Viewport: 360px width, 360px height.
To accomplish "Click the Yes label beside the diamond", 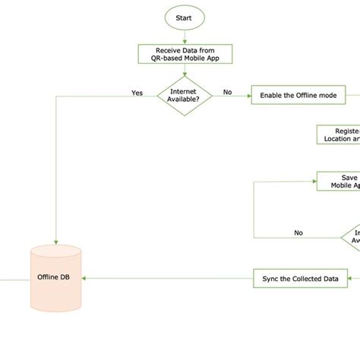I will (x=137, y=93).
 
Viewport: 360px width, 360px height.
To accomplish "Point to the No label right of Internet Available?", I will (x=227, y=93).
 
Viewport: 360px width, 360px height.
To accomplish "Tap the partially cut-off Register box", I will (x=338, y=134).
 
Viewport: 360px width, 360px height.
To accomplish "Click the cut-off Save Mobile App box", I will (x=339, y=181).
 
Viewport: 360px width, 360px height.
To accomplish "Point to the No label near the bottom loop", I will (x=298, y=232).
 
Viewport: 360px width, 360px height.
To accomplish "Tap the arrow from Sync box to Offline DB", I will (x=167, y=278).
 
